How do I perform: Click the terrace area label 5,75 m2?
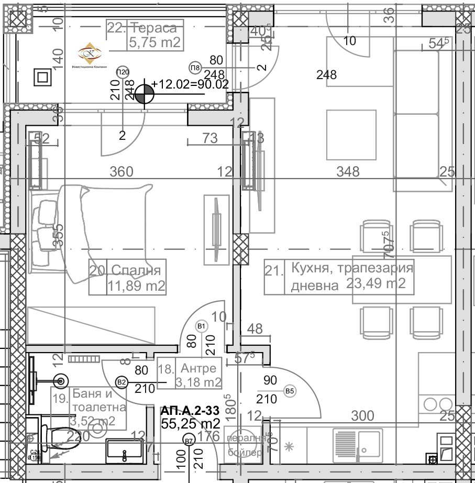point(154,42)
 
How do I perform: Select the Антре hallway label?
point(198,368)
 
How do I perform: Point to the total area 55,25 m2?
point(190,423)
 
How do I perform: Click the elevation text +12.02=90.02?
point(190,84)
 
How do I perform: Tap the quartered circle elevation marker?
point(144,95)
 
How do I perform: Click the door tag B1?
point(202,326)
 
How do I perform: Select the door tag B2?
point(122,382)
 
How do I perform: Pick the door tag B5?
point(289,391)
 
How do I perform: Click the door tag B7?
point(189,441)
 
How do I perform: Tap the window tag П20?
point(123,72)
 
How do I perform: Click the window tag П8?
point(195,68)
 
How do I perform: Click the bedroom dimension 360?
point(121,172)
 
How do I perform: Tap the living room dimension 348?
point(348,171)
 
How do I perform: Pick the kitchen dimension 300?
point(362,416)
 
